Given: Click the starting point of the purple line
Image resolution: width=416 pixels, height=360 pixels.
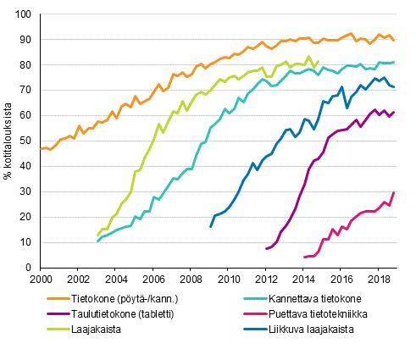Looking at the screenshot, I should click(x=265, y=249).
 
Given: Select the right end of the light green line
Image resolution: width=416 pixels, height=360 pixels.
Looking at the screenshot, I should click(x=319, y=61).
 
